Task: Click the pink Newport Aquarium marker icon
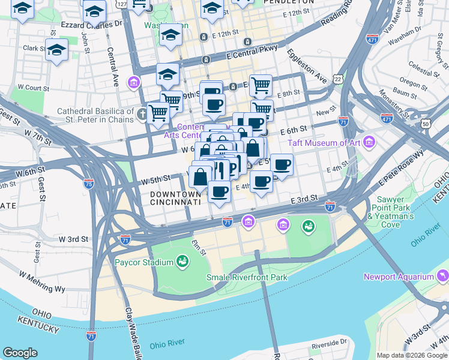443,275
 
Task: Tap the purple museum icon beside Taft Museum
369,143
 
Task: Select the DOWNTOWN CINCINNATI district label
175,199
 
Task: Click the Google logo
20,353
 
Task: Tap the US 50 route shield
426,124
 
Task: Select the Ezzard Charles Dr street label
91,24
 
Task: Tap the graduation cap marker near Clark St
57,50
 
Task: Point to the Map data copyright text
412,355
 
